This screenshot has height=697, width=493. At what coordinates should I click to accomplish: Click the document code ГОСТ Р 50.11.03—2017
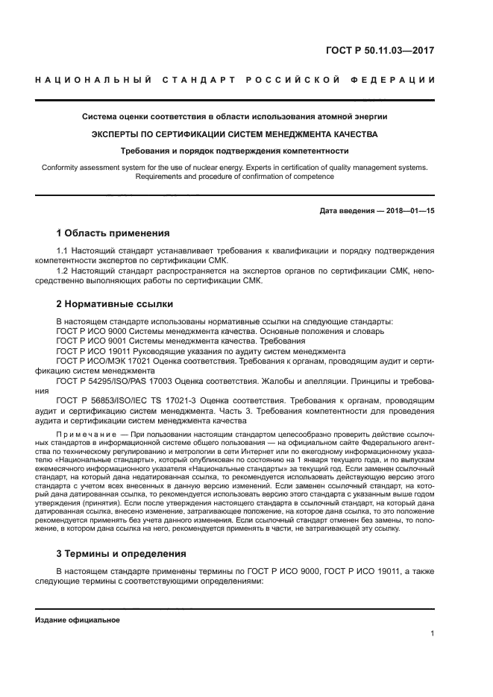click(380, 51)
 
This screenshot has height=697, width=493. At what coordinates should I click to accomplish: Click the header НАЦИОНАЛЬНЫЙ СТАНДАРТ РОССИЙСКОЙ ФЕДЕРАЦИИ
click(235, 80)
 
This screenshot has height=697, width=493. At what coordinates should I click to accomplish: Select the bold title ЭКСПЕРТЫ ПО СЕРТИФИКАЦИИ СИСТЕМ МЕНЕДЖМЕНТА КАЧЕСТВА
click(235, 134)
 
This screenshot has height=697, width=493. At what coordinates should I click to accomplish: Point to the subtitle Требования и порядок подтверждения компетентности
click(235, 151)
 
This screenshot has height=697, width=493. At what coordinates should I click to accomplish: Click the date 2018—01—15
click(409, 211)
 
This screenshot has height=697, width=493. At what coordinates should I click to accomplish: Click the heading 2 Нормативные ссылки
click(115, 304)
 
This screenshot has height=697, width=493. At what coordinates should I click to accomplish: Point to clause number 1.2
click(63, 271)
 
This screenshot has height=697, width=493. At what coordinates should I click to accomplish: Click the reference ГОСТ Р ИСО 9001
click(94, 340)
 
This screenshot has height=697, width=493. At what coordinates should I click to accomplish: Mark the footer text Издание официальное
click(78, 620)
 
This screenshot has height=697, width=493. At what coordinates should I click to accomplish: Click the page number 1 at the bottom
click(432, 634)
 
